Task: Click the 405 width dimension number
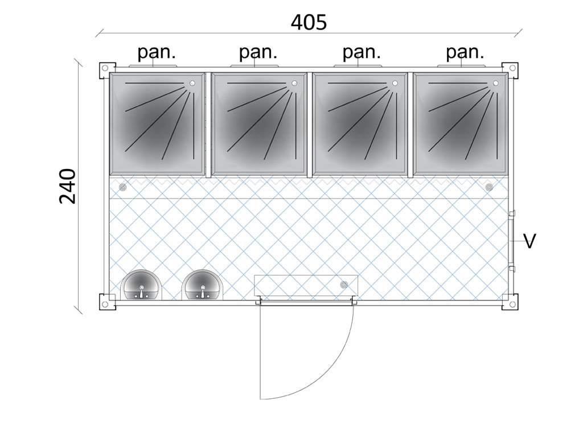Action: (x=309, y=22)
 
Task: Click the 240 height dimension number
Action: (x=68, y=185)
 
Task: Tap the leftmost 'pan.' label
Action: (x=157, y=52)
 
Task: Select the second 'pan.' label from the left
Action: (x=258, y=52)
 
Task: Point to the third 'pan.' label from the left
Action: (x=361, y=52)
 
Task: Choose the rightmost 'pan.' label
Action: (x=465, y=52)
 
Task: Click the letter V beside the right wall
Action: (x=529, y=241)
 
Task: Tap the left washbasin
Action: (x=141, y=285)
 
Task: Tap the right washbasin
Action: (x=202, y=285)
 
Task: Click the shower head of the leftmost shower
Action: (x=192, y=84)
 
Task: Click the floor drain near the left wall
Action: (x=122, y=187)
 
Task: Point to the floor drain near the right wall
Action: (x=489, y=187)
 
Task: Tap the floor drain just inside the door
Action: (x=343, y=284)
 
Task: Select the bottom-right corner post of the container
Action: (x=510, y=301)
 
